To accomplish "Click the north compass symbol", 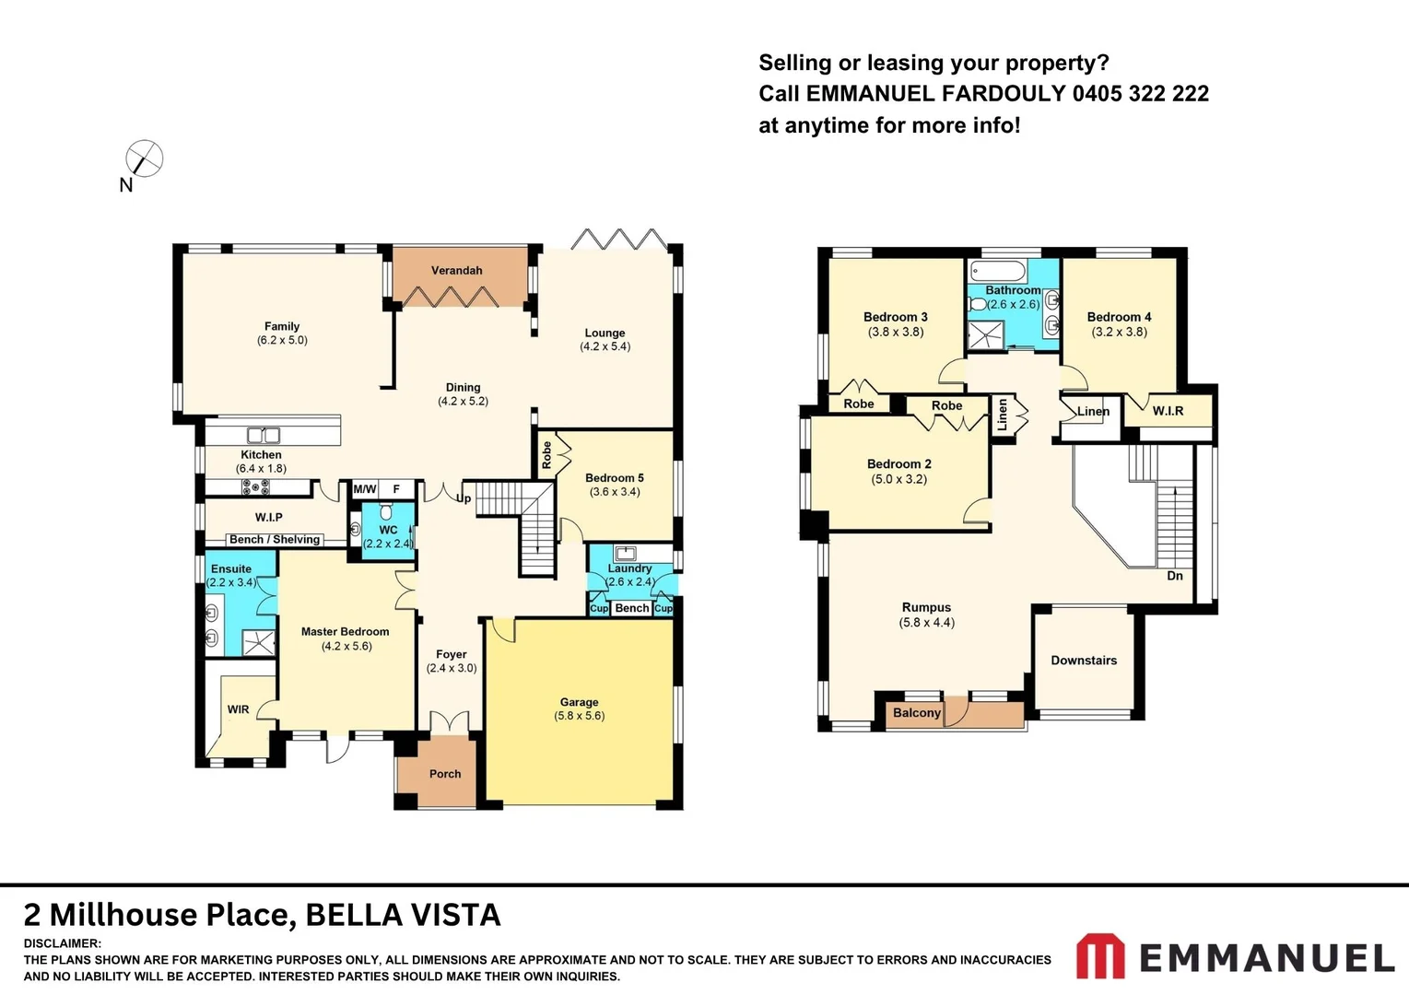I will (x=144, y=158).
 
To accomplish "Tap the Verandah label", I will (x=456, y=270).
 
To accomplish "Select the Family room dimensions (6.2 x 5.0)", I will (x=282, y=340).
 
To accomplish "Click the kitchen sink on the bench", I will (x=264, y=435).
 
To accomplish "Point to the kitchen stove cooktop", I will (x=255, y=487).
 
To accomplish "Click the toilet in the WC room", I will (x=386, y=511).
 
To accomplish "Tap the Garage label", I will (x=579, y=701).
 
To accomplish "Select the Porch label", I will (x=445, y=774).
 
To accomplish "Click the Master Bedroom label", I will (x=345, y=631).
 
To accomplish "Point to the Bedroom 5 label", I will (x=614, y=477).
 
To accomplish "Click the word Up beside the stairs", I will (x=464, y=498).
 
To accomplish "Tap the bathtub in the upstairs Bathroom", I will (x=997, y=272).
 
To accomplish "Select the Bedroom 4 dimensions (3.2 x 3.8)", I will (x=1119, y=332).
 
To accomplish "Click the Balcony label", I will (x=916, y=712).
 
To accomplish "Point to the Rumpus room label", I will (x=926, y=607).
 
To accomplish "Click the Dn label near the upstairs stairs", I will (x=1174, y=576).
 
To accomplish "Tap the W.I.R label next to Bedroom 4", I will (x=1168, y=411).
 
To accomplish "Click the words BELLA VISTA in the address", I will (x=403, y=915).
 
